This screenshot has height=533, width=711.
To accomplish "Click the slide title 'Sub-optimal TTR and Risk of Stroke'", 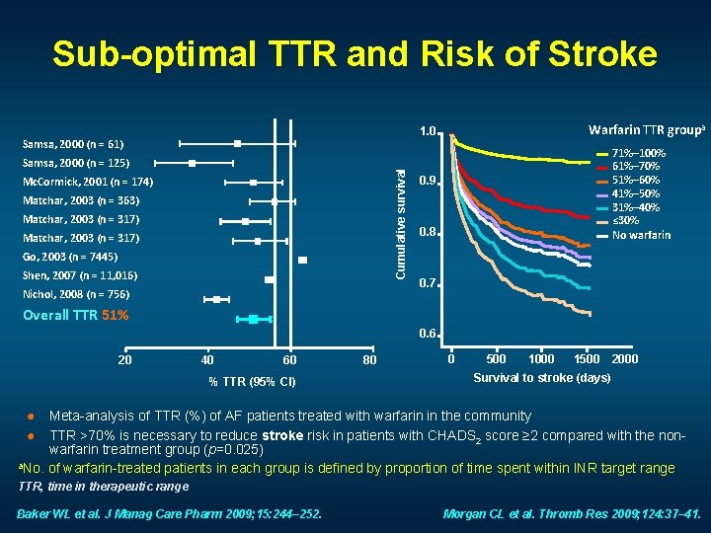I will coord(355,53).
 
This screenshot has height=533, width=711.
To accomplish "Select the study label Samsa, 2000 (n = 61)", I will coord(75,143).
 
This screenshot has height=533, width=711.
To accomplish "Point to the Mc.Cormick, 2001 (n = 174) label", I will coord(87,182).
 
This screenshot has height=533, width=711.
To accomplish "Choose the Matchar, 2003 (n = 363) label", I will coord(81,200).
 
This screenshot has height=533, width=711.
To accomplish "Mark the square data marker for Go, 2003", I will coord(303,260).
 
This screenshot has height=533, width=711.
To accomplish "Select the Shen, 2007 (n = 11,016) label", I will coord(80,275).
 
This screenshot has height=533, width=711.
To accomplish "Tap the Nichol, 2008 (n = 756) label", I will coord(77,294).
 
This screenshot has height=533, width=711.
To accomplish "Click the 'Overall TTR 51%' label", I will coord(76,316).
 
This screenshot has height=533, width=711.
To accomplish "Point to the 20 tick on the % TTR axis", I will coord(124,359).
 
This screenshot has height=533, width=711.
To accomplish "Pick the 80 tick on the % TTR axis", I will coord(369,359).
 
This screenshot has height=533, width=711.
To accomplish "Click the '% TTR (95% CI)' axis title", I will coord(247,382).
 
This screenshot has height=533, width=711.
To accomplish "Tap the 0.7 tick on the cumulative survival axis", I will coord(427,284).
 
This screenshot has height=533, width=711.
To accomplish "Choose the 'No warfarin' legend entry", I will coord(641,235).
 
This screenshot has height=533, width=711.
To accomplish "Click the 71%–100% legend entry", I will coord(640,154).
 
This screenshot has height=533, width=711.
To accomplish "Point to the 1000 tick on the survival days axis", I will coord(541,359).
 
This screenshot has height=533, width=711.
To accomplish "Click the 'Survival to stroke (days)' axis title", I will coord(542,378).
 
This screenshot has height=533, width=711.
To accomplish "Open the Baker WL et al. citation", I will coord(173,513).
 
